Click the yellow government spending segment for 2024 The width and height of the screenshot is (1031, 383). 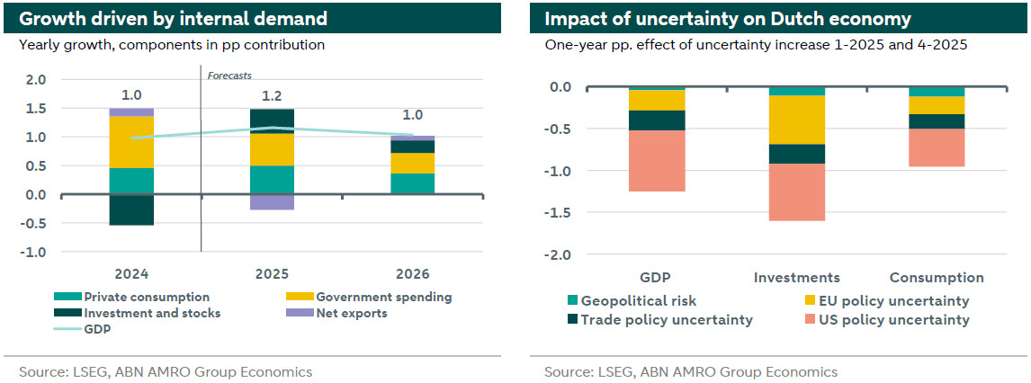pyautogui.click(x=131, y=142)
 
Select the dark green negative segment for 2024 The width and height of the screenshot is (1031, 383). pyautogui.click(x=131, y=209)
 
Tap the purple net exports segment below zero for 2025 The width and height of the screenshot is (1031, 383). pyautogui.click(x=273, y=202)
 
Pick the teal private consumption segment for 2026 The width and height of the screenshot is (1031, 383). pyautogui.click(x=413, y=183)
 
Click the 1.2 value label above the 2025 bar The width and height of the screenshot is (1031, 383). pyautogui.click(x=273, y=94)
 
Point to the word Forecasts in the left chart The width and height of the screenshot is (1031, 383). pyautogui.click(x=229, y=76)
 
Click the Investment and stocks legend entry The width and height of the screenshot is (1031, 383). pyautogui.click(x=151, y=313)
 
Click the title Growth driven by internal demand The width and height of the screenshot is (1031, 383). pyautogui.click(x=171, y=18)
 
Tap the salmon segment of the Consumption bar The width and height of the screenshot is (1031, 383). pyautogui.click(x=937, y=147)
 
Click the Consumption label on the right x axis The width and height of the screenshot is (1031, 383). pyautogui.click(x=937, y=278)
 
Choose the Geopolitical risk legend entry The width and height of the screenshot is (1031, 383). pyautogui.click(x=638, y=301)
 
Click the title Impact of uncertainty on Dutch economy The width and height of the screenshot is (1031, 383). pyautogui.click(x=728, y=18)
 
